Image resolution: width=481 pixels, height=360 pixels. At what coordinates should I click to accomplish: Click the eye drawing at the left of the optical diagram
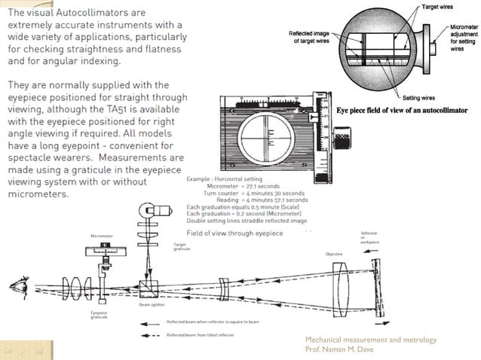[x=14, y=287]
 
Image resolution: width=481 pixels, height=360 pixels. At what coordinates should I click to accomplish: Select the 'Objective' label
[x=333, y=254]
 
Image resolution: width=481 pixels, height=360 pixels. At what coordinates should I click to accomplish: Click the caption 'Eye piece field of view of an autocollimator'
[x=401, y=110]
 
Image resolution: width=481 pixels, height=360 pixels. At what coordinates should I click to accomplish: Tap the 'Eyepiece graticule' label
[x=99, y=315]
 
